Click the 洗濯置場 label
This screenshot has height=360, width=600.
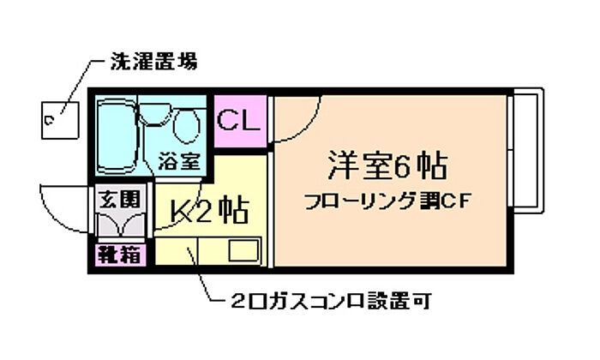[x=154, y=61]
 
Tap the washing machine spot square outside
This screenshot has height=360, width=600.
[x=60, y=120]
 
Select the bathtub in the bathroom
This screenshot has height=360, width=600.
[x=116, y=135]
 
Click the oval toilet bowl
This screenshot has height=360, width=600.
[x=186, y=126]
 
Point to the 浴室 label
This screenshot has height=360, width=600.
[x=179, y=161]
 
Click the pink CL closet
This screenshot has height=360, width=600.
[x=240, y=121]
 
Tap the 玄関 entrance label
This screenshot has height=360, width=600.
[x=120, y=200]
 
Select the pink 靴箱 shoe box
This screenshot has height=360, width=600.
[x=121, y=255]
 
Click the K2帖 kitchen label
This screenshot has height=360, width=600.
[x=209, y=210]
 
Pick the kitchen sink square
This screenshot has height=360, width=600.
[x=243, y=250]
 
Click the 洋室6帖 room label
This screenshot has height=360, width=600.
[x=387, y=165]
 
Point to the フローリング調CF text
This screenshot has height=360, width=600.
[x=387, y=201]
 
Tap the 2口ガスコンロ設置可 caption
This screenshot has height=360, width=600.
[x=331, y=301]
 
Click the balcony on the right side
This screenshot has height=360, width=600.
[x=528, y=151]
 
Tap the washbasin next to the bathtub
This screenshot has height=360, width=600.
[x=155, y=114]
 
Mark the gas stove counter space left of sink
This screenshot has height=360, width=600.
[x=176, y=250]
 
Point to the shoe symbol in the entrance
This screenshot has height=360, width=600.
[x=121, y=225]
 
